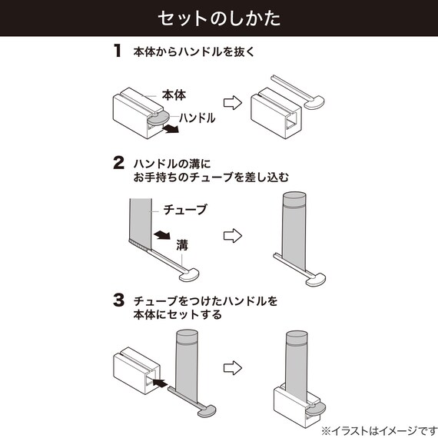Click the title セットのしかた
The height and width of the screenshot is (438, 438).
218,18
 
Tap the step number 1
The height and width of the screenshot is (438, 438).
118,52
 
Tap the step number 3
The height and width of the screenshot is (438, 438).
118,300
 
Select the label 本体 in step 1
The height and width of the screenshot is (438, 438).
174,95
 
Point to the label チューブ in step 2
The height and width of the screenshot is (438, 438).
185,209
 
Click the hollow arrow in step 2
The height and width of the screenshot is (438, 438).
231,234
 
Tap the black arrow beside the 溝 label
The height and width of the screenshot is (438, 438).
161,234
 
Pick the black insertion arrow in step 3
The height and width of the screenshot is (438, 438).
158,380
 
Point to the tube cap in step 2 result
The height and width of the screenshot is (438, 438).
296,202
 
